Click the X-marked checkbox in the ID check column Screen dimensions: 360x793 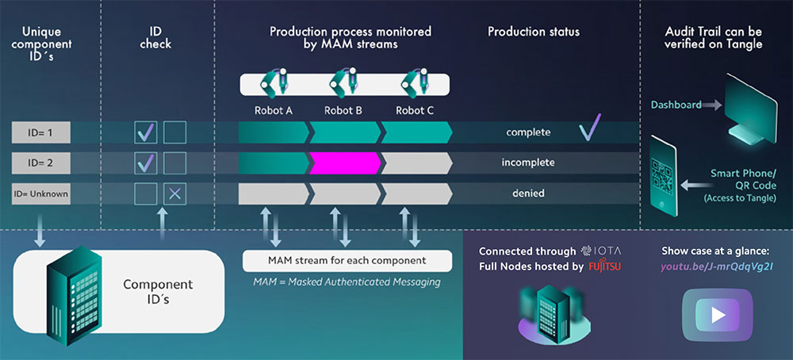click(x=174, y=193)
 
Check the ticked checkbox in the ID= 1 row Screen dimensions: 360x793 click(x=145, y=132)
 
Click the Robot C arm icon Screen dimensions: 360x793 click(x=415, y=82)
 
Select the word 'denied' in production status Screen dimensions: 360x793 click(x=529, y=193)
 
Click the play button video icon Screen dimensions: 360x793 click(x=718, y=315)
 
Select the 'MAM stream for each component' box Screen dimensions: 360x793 click(x=347, y=260)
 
